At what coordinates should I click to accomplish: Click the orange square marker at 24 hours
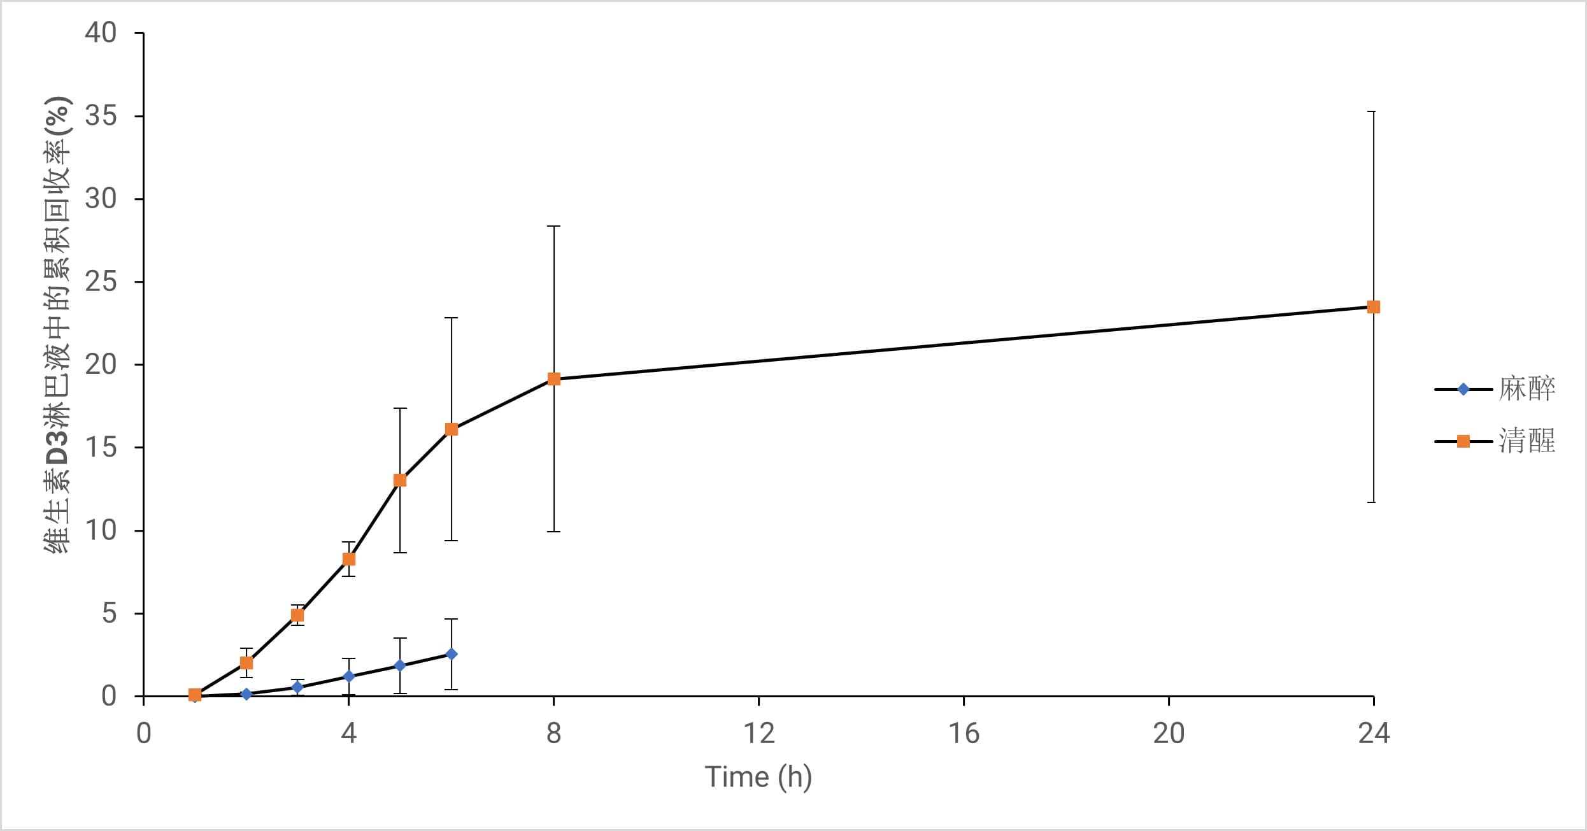1374,307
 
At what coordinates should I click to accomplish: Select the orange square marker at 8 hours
554,379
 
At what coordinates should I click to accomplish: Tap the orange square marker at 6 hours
452,429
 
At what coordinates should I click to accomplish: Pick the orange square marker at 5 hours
400,480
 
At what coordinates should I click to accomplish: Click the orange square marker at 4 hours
349,559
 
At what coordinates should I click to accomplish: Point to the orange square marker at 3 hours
297,615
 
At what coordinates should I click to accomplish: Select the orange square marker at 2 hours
246,663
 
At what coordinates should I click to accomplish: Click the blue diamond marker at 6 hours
452,654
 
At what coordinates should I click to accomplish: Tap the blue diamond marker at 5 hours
400,665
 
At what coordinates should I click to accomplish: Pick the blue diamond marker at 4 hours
349,676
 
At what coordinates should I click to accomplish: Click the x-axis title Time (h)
758,778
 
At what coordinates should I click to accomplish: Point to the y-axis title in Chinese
57,325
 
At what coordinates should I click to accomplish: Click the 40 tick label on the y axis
101,33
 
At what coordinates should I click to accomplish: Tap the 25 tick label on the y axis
101,281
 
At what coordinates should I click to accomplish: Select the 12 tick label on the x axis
759,734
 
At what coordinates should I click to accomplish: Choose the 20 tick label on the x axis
1169,734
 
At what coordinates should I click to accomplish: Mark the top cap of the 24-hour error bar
1374,111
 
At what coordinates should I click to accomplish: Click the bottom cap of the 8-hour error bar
554,531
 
